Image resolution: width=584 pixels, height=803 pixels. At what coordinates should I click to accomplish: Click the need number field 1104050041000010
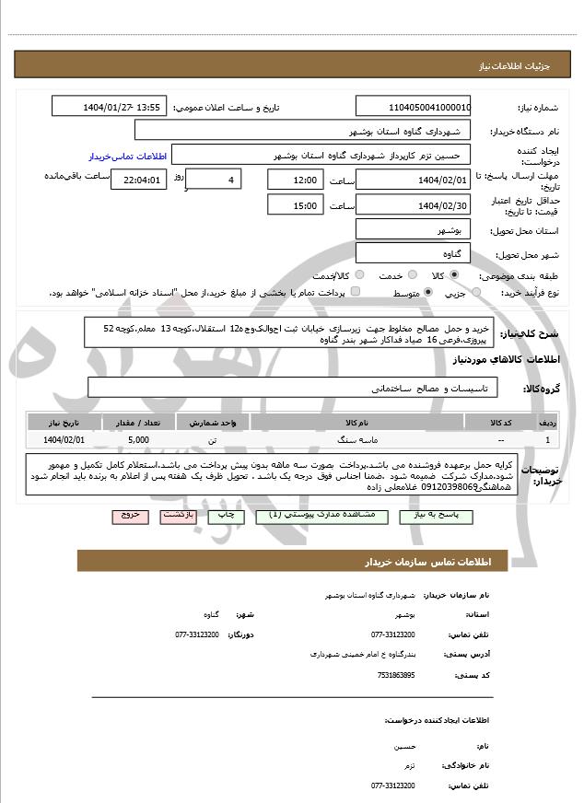point(413,107)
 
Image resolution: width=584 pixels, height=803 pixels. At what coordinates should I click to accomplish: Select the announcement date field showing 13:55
point(123,107)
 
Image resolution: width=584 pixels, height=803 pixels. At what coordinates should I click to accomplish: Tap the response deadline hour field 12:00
point(296,180)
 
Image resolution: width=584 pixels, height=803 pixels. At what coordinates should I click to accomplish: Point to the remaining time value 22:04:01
point(138,180)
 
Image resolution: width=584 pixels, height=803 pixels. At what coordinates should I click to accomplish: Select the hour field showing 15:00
point(296,205)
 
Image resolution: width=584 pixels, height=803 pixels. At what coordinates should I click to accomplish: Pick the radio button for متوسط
point(428,293)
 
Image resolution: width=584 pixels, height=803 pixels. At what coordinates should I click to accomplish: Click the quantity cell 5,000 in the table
point(139,440)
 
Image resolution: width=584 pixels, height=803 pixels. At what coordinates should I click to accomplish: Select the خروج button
point(128,517)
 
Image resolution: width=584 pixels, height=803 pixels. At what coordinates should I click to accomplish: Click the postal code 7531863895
point(396,675)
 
